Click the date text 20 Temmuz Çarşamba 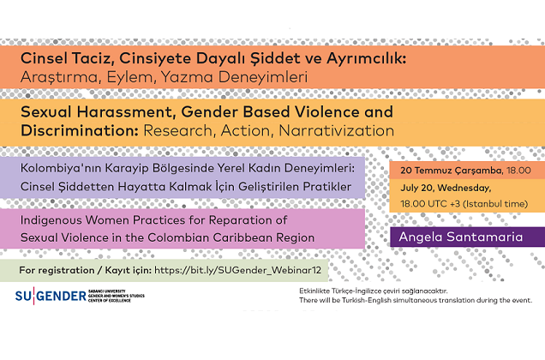click(446, 170)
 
